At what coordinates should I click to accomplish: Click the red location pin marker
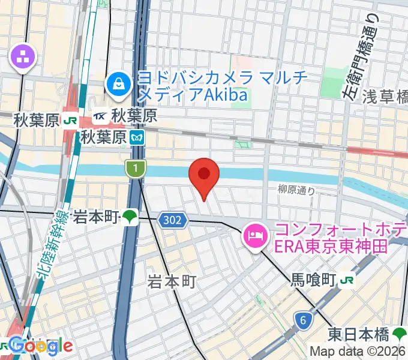point(204,175)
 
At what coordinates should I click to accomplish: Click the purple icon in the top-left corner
point(23,58)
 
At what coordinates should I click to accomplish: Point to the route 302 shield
point(172,221)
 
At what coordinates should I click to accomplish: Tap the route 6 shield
point(304,320)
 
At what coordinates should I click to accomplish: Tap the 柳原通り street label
point(296,190)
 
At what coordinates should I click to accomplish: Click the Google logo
point(40,346)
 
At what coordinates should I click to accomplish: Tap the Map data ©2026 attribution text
point(358,352)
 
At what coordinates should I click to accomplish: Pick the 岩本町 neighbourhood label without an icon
point(172,281)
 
